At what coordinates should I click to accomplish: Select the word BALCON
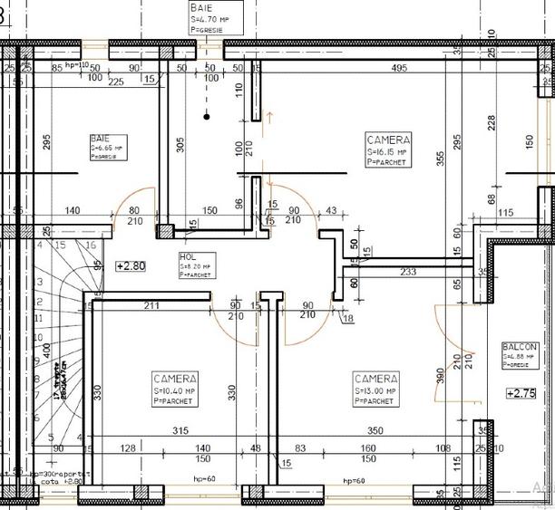(x=520, y=347)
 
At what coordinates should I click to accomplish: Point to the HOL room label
(x=188, y=257)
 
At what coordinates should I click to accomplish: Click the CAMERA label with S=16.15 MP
(x=388, y=140)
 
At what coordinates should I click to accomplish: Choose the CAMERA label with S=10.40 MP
(x=175, y=378)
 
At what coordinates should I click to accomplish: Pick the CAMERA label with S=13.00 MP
(x=375, y=378)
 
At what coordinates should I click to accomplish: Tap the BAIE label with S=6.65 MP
(x=100, y=137)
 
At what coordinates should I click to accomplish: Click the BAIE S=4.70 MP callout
(x=201, y=7)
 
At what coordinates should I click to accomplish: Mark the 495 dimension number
(x=398, y=69)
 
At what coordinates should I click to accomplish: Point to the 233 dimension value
(x=408, y=271)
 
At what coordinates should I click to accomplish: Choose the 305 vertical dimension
(x=180, y=149)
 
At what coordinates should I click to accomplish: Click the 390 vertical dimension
(x=441, y=374)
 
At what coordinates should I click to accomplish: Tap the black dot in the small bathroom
(x=208, y=116)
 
